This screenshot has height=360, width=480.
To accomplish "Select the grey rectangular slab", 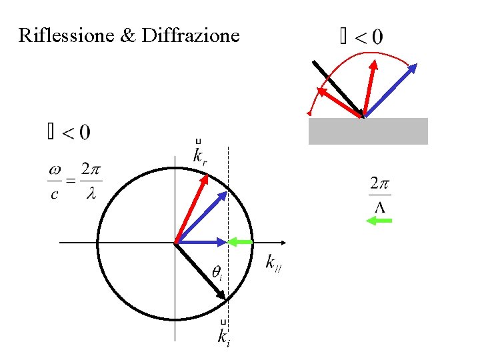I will coord(367,131).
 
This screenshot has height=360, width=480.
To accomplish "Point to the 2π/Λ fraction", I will coord(379,194).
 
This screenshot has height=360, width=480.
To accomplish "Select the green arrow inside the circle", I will coord(241,241).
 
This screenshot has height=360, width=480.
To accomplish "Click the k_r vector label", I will coord(199,155).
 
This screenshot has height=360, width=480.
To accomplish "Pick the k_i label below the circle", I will coord(224,335).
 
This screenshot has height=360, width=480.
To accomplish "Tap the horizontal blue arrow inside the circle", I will coord(200,242).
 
